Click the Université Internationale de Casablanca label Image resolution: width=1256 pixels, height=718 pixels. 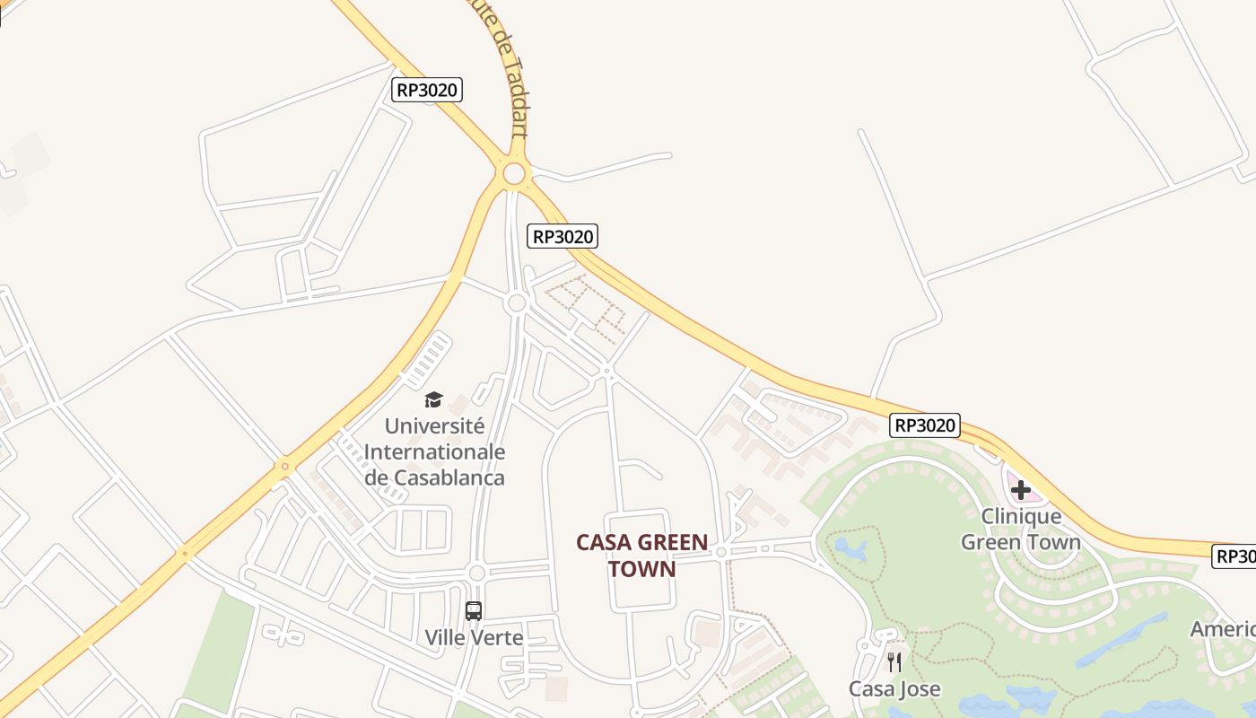click(434, 451)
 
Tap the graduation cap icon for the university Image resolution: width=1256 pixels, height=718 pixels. click(434, 399)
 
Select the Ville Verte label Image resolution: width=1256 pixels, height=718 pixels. click(474, 638)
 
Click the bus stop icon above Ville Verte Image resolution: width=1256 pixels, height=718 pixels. click(474, 611)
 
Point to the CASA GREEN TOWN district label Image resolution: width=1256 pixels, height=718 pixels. click(641, 556)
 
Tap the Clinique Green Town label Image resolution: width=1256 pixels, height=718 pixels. click(1021, 529)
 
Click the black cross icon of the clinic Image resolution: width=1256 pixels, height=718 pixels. click(1021, 490)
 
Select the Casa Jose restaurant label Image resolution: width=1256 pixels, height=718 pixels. click(894, 688)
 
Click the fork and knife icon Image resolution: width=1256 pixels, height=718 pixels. click(894, 662)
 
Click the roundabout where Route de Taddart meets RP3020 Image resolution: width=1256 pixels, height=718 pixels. click(514, 173)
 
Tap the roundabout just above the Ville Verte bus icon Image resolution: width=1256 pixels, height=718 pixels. click(476, 573)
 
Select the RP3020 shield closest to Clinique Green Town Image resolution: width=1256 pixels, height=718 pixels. click(925, 425)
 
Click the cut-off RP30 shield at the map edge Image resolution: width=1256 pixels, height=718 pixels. click(1234, 556)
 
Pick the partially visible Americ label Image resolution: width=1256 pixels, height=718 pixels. click(1223, 629)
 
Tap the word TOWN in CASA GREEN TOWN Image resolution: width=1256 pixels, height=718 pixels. click(641, 569)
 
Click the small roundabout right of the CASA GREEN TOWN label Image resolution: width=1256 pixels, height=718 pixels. click(721, 552)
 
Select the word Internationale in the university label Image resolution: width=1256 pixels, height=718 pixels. click(434, 451)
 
